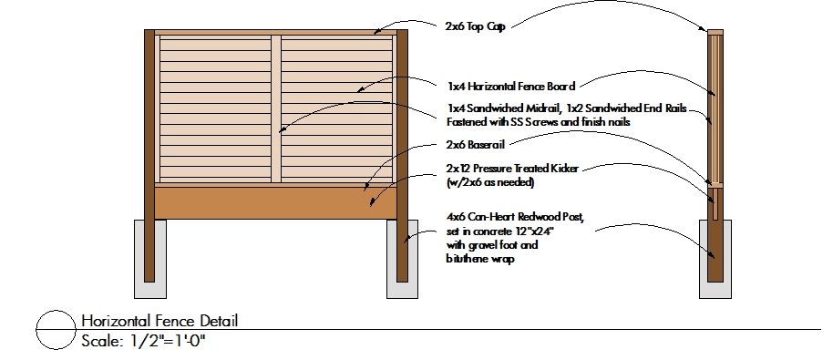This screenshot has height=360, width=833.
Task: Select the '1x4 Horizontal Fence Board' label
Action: pos(510,87)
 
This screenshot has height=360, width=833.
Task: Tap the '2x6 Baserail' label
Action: pos(475,144)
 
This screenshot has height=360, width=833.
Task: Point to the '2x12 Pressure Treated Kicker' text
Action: pos(512,169)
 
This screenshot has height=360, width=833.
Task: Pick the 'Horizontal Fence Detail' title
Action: pos(159,321)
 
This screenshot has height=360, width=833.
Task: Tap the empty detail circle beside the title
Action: pos(55,330)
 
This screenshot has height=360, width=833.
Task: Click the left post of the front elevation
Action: pos(149,155)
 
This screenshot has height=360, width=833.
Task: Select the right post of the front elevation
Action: pos(401,155)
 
